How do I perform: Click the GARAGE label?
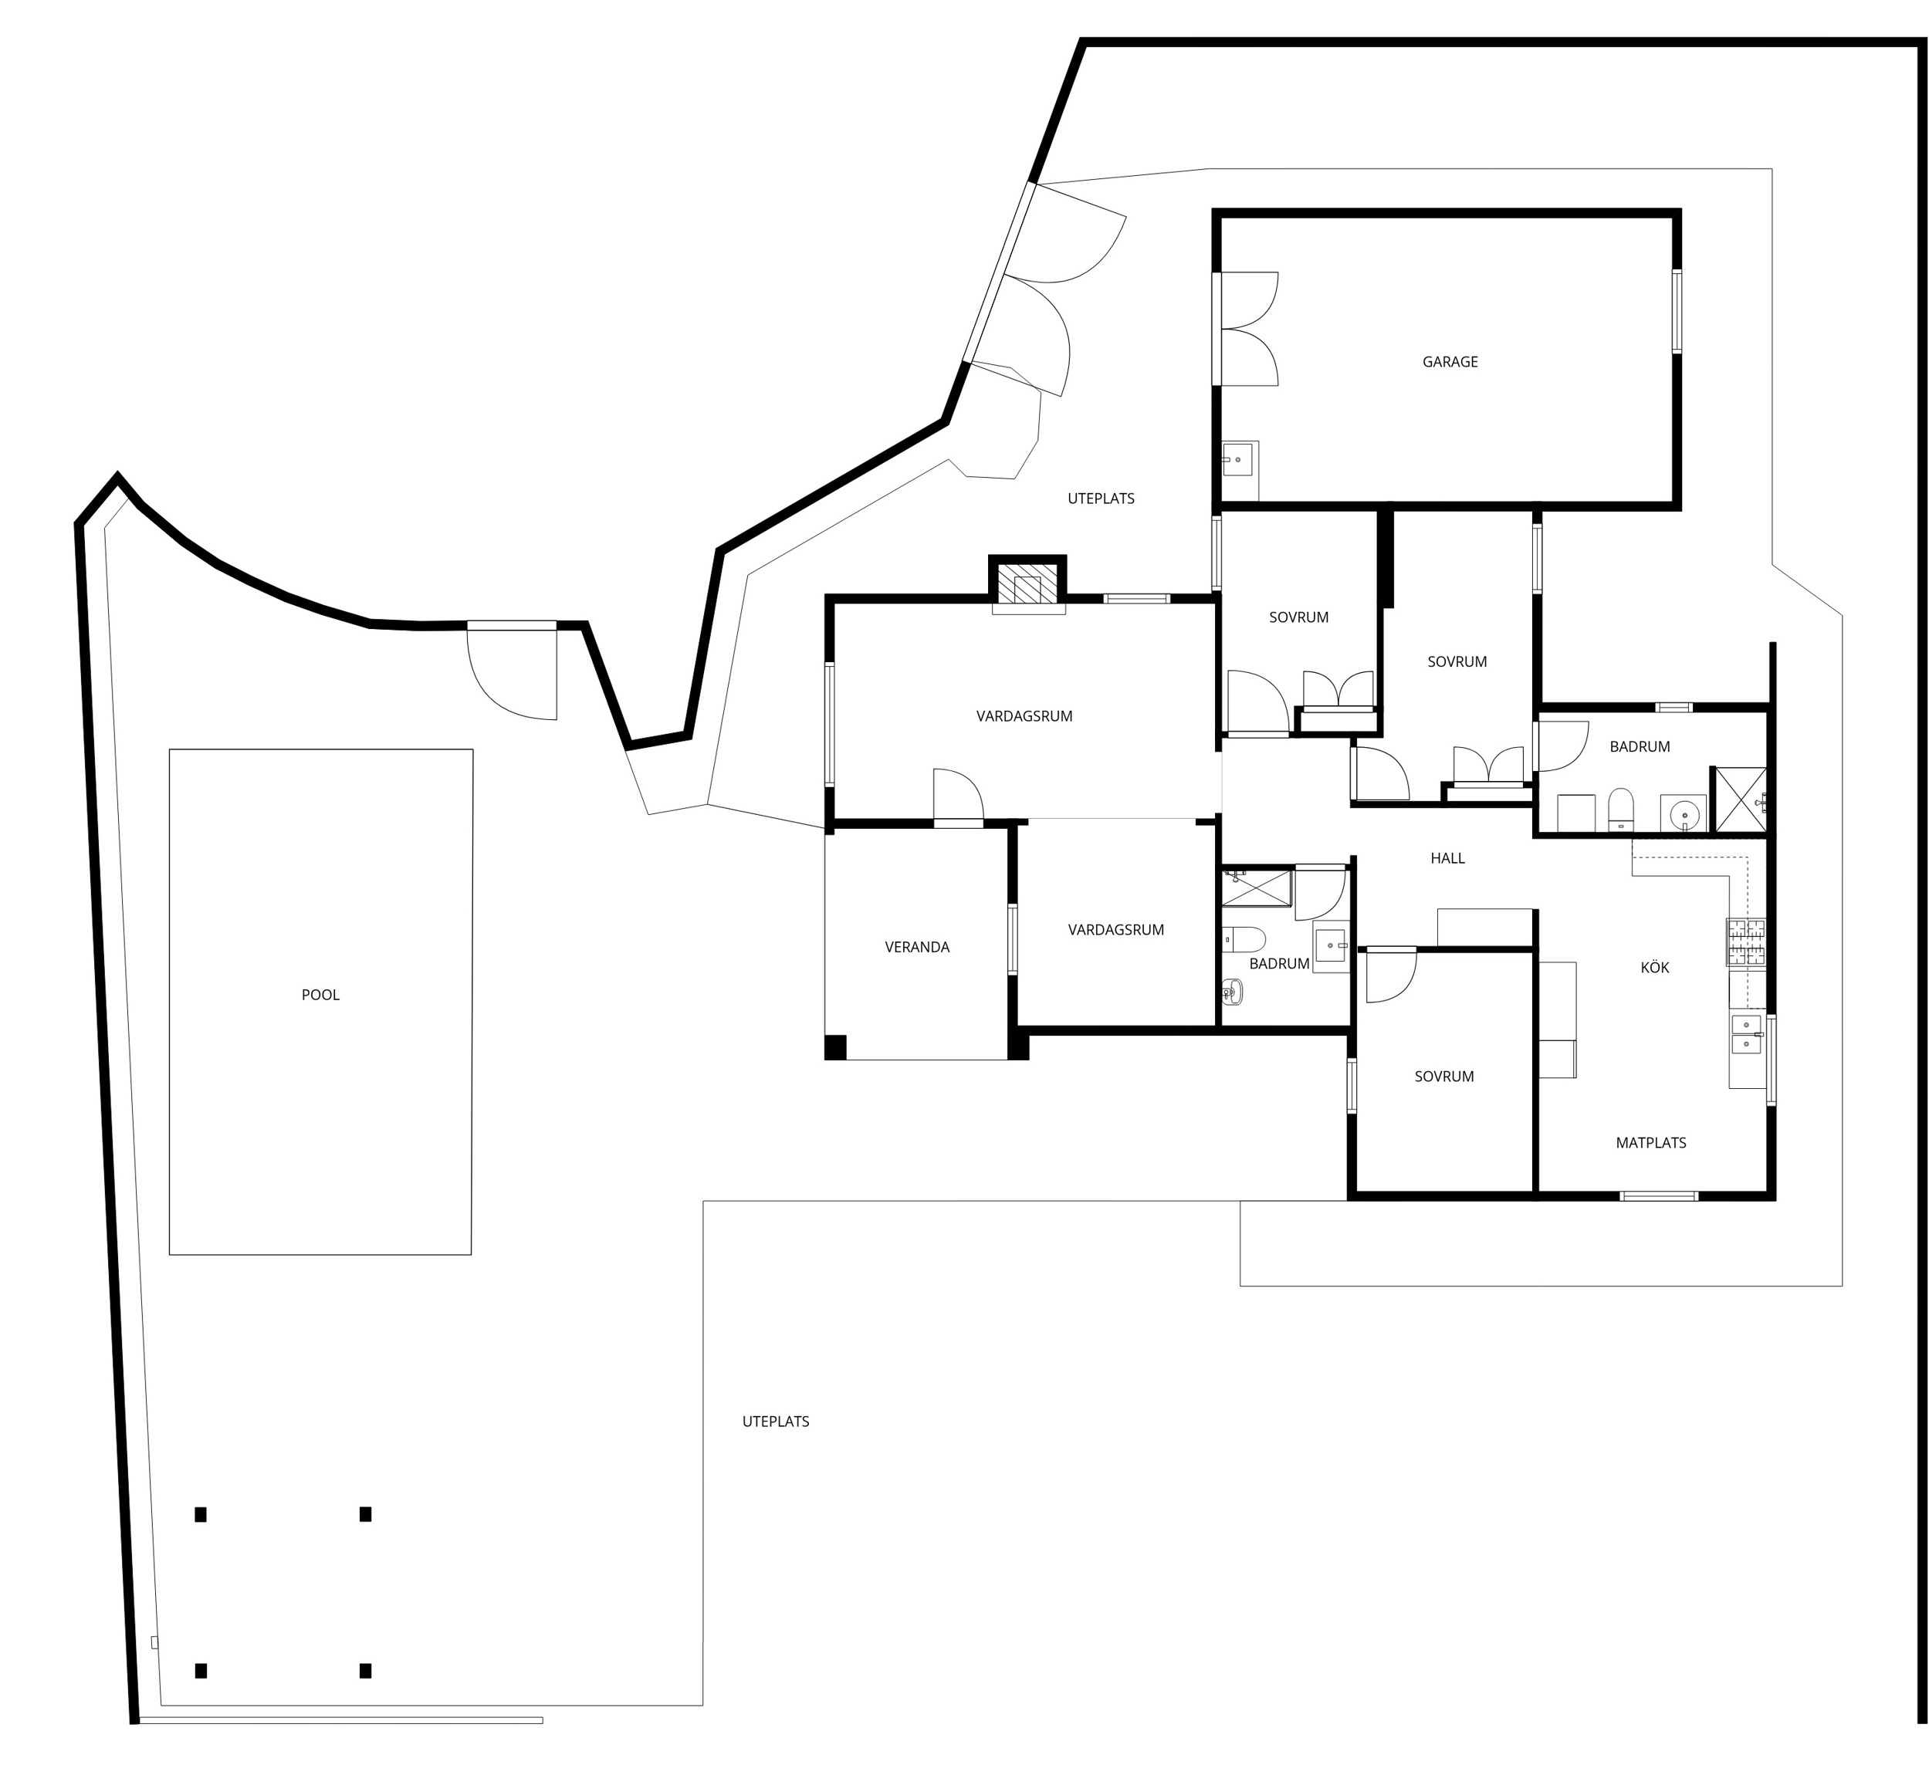(x=1449, y=362)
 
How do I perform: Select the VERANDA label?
(x=916, y=947)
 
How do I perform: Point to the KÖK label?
(x=1654, y=967)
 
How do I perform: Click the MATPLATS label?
(x=1650, y=1143)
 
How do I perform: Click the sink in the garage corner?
(x=1237, y=460)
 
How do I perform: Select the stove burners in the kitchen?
(x=1745, y=942)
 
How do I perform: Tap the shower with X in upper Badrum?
(x=1740, y=799)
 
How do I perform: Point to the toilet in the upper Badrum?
(x=1621, y=809)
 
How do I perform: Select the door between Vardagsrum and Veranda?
(x=958, y=797)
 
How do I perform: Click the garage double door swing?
(x=1249, y=330)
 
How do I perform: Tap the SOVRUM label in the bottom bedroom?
(x=1443, y=1077)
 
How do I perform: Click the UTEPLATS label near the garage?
(x=1100, y=499)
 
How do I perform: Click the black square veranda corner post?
(x=834, y=1047)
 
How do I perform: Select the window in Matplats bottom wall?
(x=1658, y=1196)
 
